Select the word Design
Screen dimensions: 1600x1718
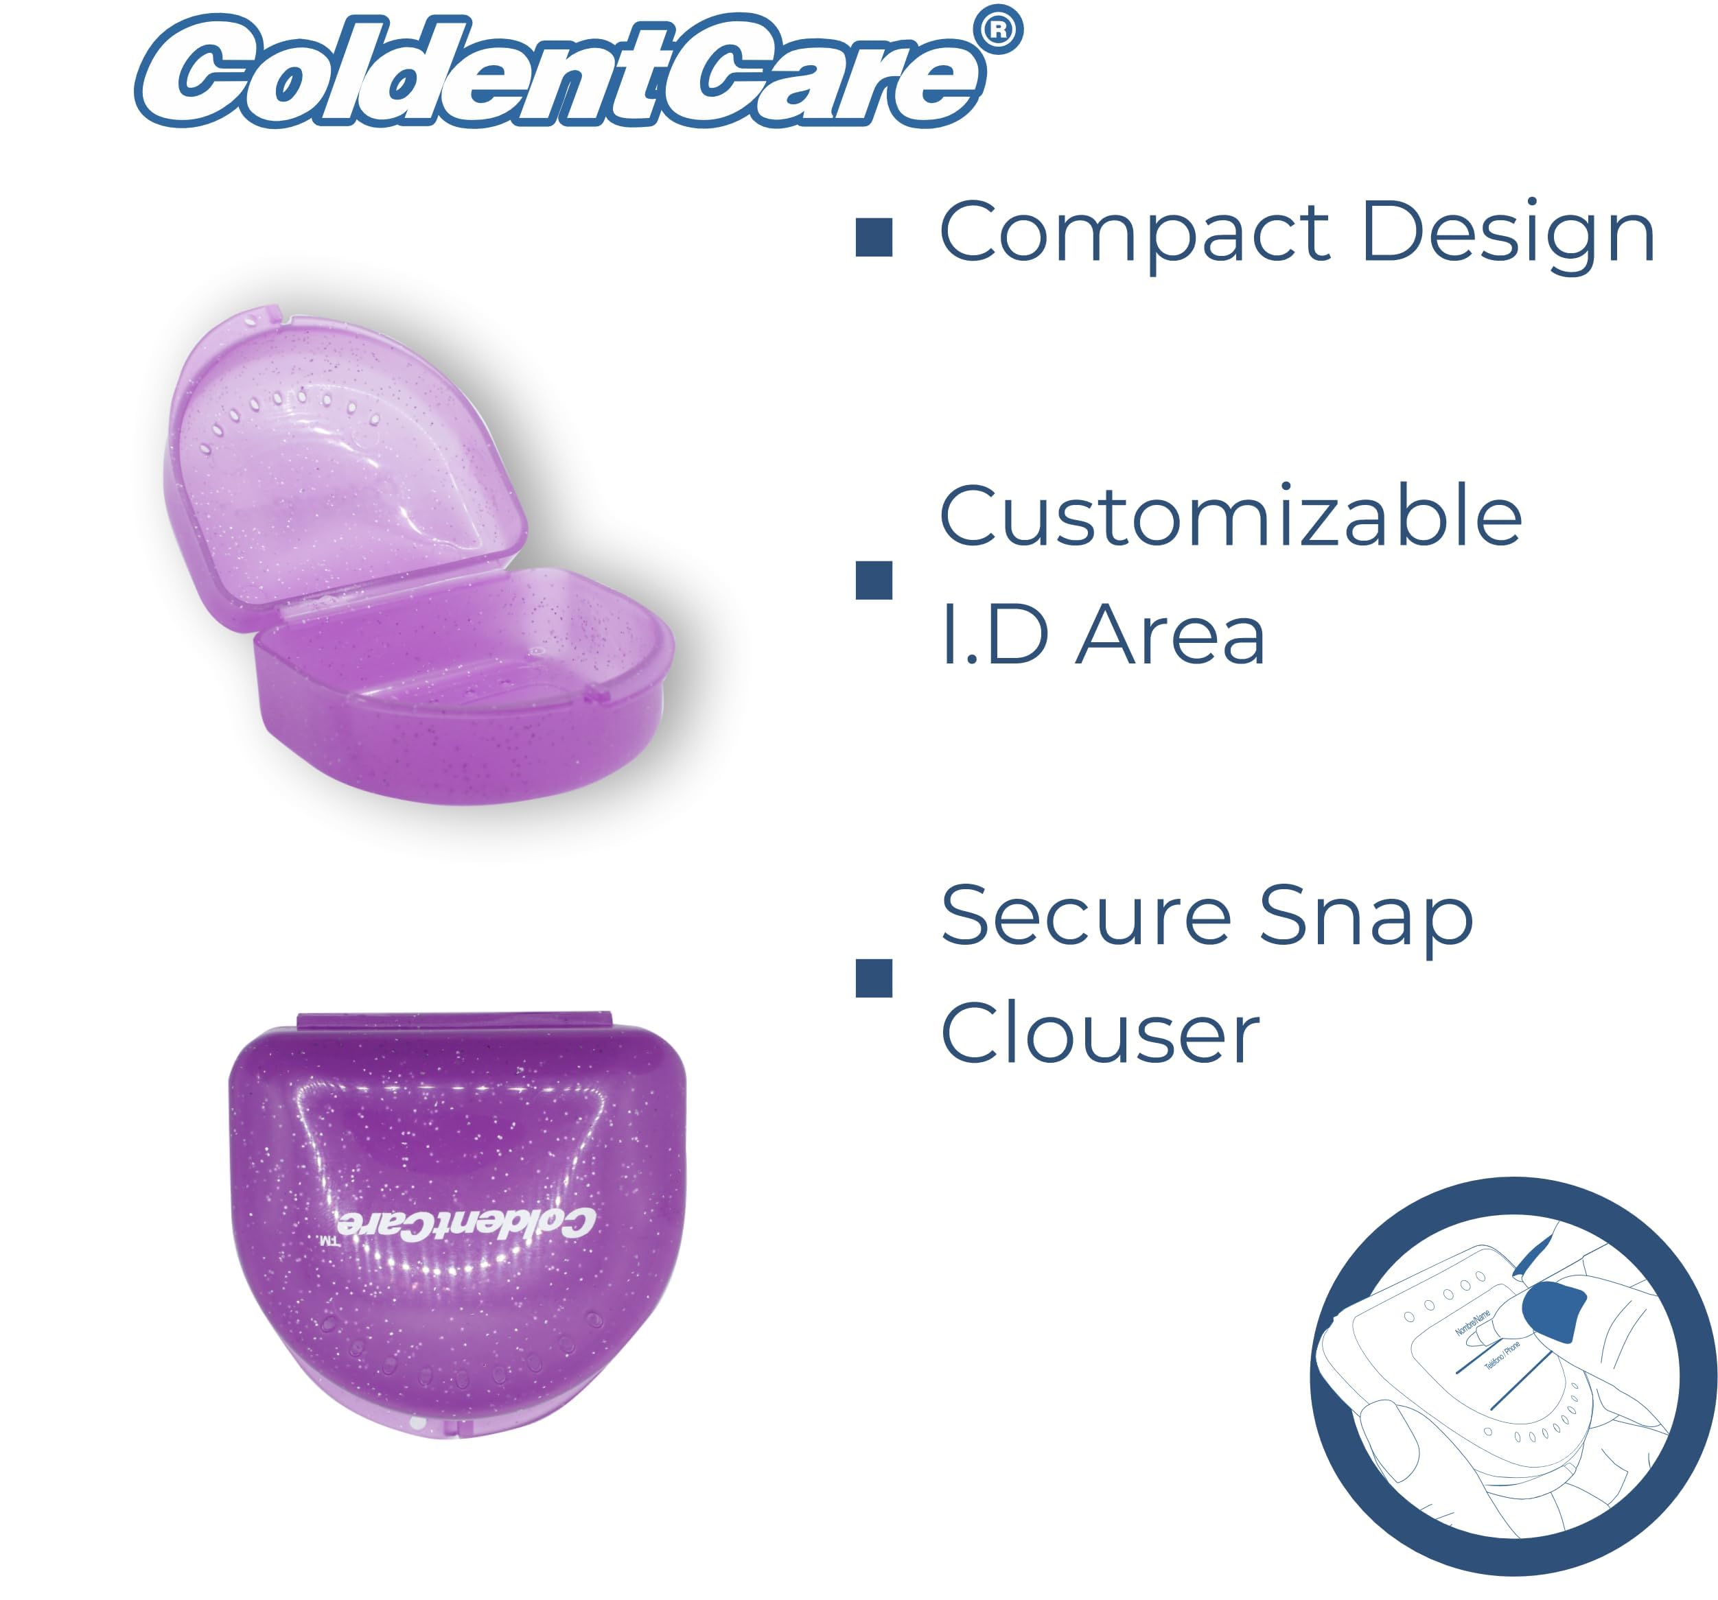click(1508, 233)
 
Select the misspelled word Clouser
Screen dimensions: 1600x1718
click(1100, 1033)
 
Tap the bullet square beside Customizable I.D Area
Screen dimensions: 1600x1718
click(874, 580)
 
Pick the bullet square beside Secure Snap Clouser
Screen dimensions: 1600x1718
click(874, 979)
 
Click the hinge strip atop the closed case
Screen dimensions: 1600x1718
click(454, 1021)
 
